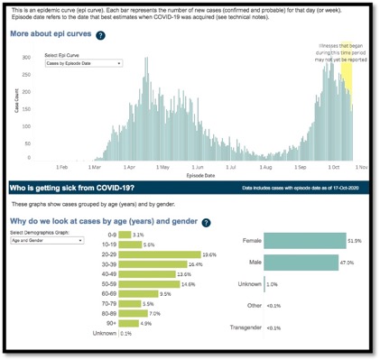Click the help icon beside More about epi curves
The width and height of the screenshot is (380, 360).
click(x=100, y=35)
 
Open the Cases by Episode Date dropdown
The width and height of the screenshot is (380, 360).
click(x=93, y=64)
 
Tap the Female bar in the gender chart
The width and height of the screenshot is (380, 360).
click(x=294, y=240)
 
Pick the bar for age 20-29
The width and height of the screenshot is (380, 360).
click(x=147, y=254)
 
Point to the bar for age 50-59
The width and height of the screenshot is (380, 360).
click(x=134, y=284)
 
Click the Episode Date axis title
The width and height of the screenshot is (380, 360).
click(x=200, y=175)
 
